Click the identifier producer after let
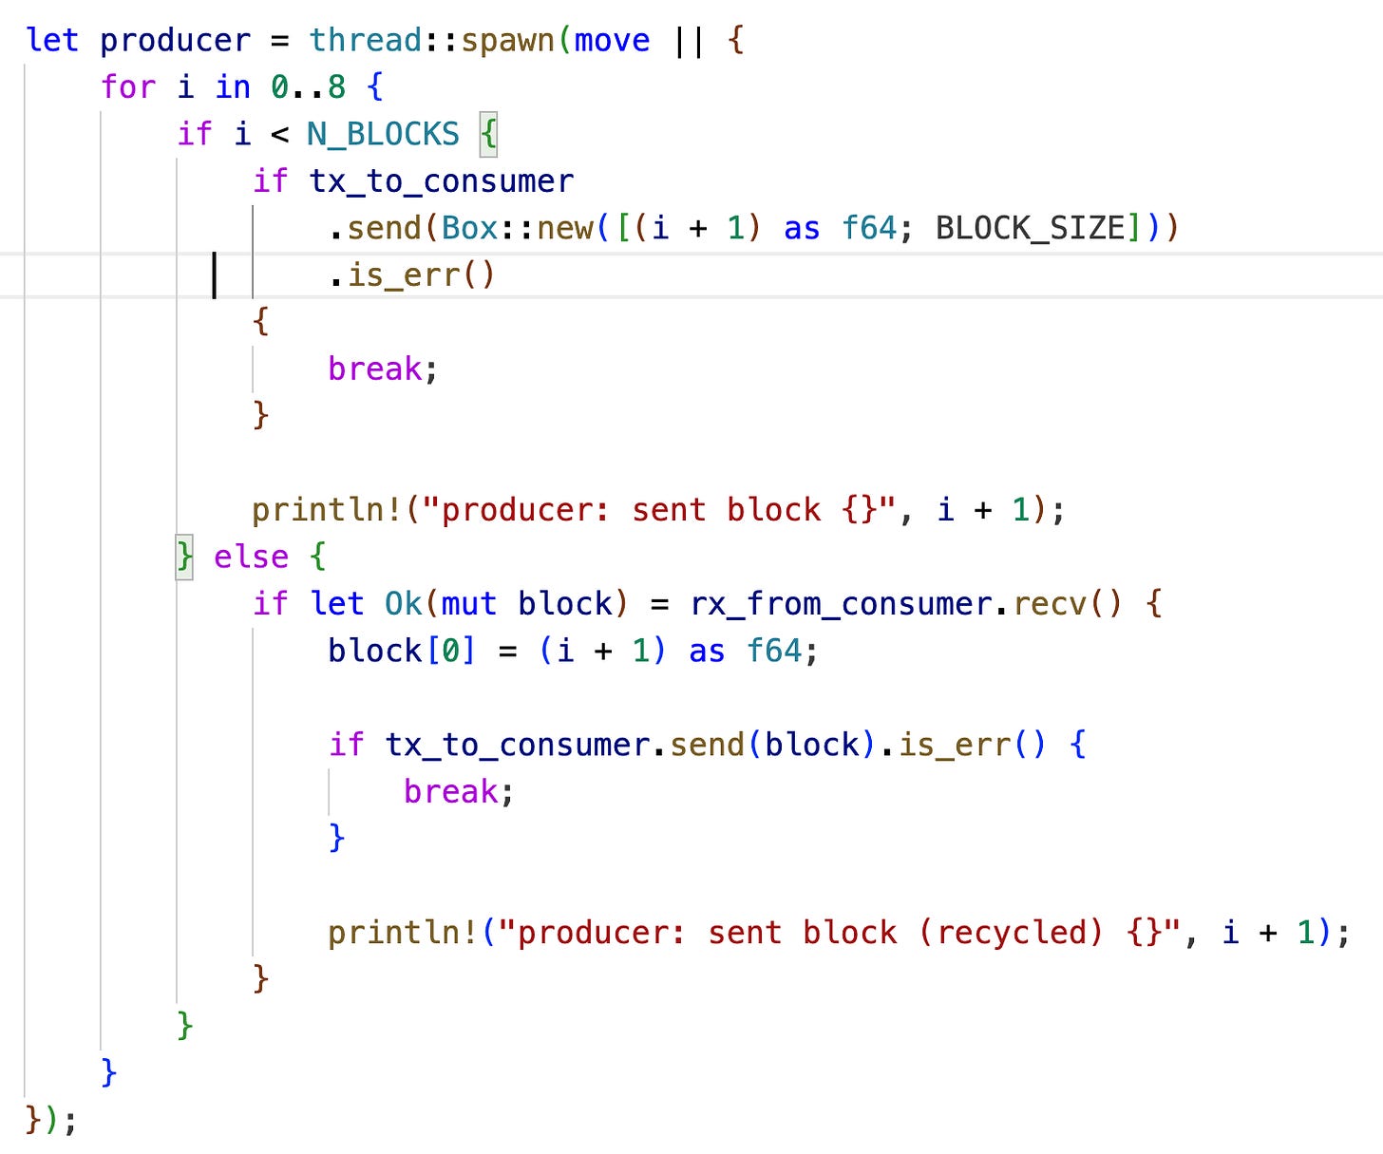click(175, 41)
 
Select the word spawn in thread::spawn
click(507, 41)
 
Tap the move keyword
click(612, 41)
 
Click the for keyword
click(127, 87)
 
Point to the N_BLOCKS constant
click(383, 135)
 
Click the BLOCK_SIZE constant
click(1030, 229)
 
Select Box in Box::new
click(470, 229)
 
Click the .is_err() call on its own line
click(411, 275)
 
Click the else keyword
click(251, 558)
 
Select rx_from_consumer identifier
click(841, 604)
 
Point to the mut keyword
click(469, 604)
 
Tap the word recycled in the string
click(1011, 934)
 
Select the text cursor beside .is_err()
click(215, 275)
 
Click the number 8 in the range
click(336, 87)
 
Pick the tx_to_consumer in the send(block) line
click(517, 746)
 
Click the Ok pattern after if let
click(403, 604)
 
